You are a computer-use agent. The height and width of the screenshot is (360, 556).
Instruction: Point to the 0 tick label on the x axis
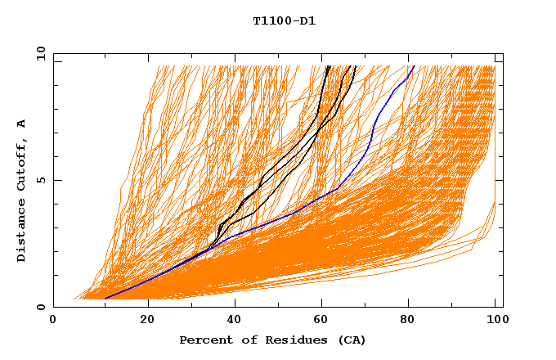(x=54, y=321)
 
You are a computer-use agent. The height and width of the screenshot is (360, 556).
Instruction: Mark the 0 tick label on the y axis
(x=40, y=307)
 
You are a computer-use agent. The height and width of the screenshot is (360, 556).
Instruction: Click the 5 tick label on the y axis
(x=40, y=180)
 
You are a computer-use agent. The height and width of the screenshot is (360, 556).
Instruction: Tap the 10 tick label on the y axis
(x=39, y=53)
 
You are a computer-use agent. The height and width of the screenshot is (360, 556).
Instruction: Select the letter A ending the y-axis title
(x=22, y=124)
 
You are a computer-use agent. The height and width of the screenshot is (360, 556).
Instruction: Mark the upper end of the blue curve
(x=414, y=66)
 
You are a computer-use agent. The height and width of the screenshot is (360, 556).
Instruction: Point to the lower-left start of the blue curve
(x=105, y=299)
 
